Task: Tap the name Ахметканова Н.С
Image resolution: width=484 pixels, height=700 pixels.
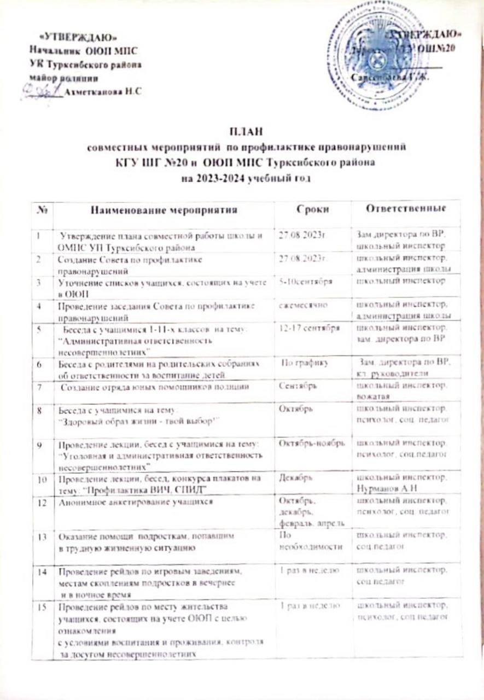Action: [103, 92]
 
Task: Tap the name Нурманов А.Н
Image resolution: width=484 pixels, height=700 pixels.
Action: [383, 487]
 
